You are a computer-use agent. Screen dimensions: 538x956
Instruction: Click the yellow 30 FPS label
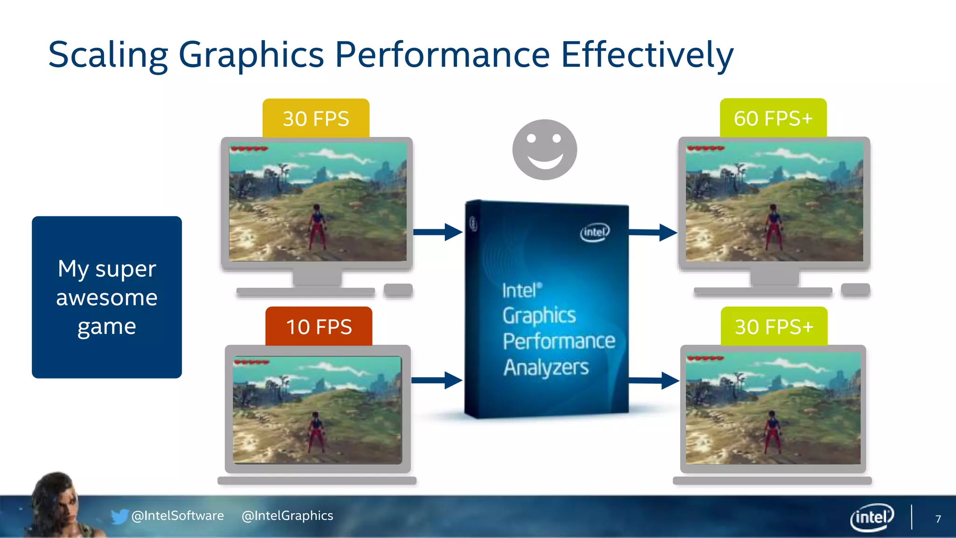316,119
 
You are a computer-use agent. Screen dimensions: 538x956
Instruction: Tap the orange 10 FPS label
319,326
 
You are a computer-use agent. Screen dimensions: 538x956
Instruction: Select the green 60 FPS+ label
773,118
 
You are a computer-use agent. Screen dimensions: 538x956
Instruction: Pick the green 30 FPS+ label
774,326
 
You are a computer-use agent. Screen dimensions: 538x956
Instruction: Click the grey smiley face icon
545,149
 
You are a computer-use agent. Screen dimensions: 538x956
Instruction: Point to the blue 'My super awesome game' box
107,297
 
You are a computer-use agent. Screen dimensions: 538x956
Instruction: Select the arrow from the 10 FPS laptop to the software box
437,380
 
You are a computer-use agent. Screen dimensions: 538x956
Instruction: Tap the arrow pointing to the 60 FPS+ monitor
653,232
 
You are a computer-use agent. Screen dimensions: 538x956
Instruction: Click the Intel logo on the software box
595,232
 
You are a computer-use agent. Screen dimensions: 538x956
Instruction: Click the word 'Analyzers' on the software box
546,368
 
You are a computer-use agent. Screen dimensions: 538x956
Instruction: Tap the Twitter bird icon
119,516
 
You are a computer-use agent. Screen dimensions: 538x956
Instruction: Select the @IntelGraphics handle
287,516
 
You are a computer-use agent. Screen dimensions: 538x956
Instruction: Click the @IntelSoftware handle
178,516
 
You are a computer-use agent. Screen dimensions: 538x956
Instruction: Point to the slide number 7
938,519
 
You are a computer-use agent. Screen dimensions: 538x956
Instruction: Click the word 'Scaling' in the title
108,55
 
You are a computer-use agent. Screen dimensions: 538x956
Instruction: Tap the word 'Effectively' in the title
647,55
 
